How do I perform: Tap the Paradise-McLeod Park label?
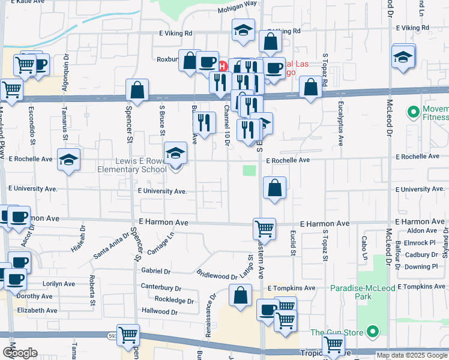[x=363, y=293]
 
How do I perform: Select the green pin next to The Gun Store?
[x=373, y=331]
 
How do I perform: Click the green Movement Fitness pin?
[x=413, y=112]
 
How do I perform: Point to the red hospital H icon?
[x=223, y=65]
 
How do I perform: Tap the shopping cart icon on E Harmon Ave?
[x=264, y=228]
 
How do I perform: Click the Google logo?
[x=19, y=353]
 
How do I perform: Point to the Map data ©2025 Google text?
[x=411, y=355]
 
